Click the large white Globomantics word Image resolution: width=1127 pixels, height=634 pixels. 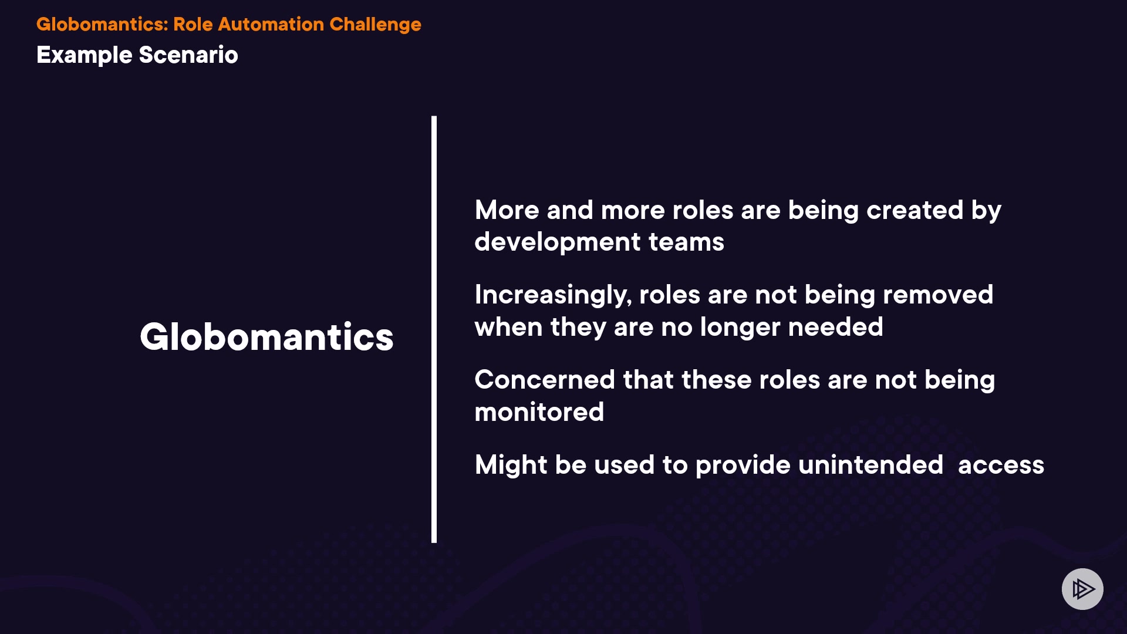click(266, 337)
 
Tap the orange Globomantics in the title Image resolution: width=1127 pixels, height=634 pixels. click(102, 24)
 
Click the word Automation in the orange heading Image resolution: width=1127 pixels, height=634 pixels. click(271, 24)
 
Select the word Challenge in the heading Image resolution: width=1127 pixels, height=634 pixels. click(375, 25)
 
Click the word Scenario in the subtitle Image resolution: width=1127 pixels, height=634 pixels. click(188, 55)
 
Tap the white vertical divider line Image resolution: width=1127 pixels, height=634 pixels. click(434, 329)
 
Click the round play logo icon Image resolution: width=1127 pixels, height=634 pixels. click(1082, 589)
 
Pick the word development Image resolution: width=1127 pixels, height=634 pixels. click(558, 242)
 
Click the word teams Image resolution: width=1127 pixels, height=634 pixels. click(686, 242)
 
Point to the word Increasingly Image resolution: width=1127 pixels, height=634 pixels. click(553, 295)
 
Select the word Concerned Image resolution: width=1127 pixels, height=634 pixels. click(545, 380)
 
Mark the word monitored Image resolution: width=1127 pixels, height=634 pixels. click(539, 412)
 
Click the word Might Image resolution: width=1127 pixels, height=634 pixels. click(511, 466)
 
